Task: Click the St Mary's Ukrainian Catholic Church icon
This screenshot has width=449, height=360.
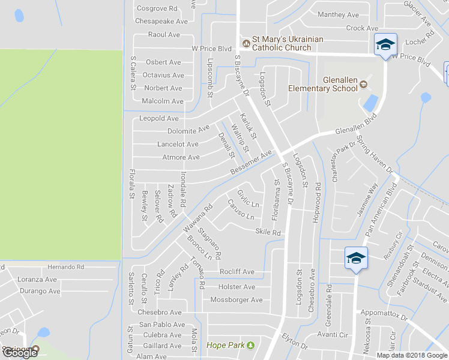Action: [246, 43]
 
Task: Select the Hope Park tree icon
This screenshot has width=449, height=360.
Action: [251, 345]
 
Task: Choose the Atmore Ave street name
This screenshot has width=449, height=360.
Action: [181, 158]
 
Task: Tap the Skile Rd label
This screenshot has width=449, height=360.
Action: [268, 232]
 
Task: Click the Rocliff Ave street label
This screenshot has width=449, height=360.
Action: [237, 272]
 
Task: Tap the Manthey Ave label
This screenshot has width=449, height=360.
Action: [338, 15]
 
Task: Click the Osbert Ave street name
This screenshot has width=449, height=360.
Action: [163, 62]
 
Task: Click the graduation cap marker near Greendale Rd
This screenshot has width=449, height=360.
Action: [355, 259]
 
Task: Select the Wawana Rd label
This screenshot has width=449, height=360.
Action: [199, 220]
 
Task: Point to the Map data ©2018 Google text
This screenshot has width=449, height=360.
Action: [412, 355]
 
